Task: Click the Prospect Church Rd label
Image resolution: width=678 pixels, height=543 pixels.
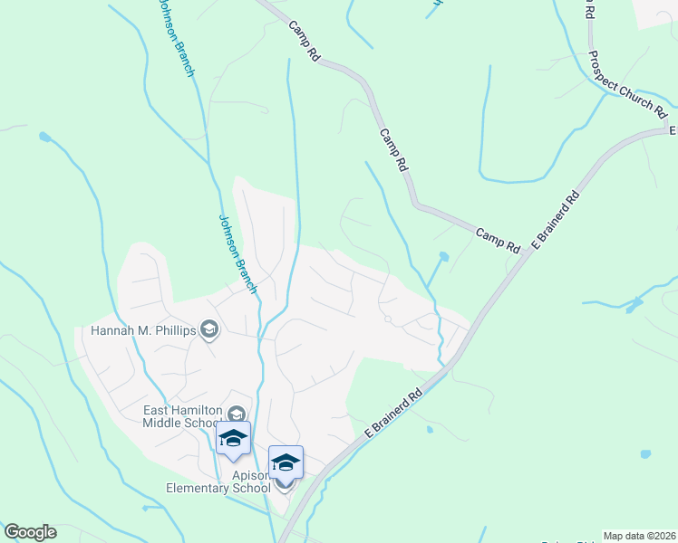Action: point(627,85)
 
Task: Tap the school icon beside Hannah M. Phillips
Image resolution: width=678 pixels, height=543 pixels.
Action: point(210,329)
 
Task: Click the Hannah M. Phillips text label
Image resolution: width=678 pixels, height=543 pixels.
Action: point(143,330)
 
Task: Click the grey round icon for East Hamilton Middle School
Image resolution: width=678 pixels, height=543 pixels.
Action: point(237,414)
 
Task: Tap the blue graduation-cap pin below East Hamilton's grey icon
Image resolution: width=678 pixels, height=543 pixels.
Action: point(233,440)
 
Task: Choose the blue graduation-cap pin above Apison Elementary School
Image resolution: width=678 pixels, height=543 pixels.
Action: point(286,462)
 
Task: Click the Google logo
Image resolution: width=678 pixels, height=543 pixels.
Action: point(30,532)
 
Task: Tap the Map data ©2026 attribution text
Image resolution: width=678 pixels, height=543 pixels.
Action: point(640,536)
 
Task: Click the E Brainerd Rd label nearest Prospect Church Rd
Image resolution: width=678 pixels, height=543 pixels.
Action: point(554,220)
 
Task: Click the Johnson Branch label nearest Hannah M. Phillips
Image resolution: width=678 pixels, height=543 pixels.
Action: point(234,252)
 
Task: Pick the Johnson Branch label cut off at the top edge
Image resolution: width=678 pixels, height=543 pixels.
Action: point(176,36)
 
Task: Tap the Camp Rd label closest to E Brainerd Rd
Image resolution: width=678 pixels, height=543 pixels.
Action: point(499,241)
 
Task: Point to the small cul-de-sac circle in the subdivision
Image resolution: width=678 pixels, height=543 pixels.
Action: point(387,319)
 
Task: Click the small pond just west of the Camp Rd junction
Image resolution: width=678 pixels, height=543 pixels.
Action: point(442,257)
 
